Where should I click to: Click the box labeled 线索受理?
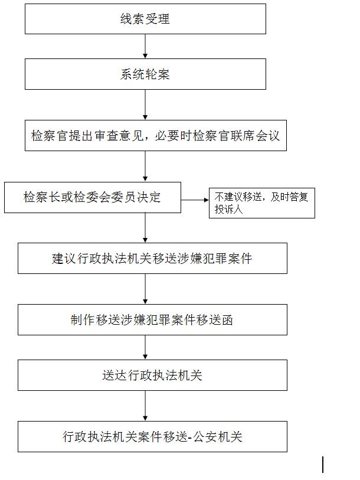pos(145,19)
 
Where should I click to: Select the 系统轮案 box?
pos(145,74)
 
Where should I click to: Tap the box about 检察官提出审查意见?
pos(156,135)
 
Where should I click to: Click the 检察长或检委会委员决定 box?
pos(93,197)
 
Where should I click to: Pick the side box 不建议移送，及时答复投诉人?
pos(261,203)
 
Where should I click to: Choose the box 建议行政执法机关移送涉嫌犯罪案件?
pos(152,259)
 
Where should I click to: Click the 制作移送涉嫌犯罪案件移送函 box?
pos(152,319)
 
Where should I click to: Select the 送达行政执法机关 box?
pos(152,375)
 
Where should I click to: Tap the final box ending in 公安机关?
pos(152,436)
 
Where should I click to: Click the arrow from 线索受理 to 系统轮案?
pos(145,46)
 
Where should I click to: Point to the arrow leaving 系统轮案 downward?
pos(145,105)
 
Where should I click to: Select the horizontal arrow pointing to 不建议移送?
pos(195,200)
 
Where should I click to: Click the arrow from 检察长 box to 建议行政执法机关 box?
pos(145,228)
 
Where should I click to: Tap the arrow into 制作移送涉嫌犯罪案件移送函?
pos(145,289)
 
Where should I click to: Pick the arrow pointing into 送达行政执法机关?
pos(145,347)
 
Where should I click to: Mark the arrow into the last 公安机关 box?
pos(145,406)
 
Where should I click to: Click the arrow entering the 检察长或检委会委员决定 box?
pos(145,166)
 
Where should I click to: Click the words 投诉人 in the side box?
pos(228,210)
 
